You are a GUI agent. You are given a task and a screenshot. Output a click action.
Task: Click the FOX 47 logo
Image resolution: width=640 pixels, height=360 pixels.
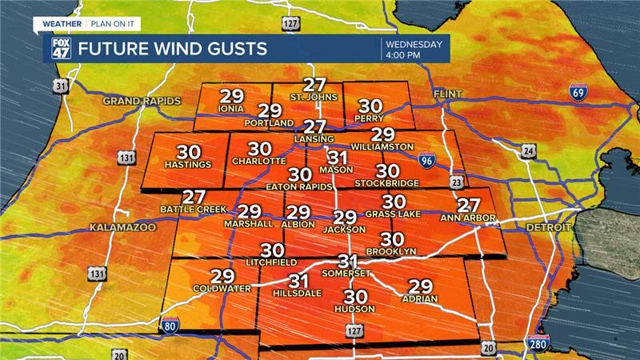pos(62,48)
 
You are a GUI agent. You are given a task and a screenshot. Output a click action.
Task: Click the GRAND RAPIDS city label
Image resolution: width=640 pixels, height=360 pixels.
pos(142,101)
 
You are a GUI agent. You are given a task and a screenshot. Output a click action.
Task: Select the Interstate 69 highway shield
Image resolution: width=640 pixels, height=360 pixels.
pos(576,91)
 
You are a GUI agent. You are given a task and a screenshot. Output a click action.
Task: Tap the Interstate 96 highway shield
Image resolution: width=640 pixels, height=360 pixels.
pos(430,162)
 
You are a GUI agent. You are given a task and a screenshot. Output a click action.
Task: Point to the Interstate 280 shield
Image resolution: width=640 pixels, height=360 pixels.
pos(538,344)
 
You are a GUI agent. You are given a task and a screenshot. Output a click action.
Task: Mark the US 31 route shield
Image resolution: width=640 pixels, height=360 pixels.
pos(59,85)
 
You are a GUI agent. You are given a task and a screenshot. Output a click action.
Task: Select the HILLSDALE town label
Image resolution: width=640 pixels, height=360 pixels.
pos(298,293)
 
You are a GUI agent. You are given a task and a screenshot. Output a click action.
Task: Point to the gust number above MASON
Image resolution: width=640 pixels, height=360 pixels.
pos(338,157)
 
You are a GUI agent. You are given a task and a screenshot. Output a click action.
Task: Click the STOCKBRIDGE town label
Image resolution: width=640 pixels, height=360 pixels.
pos(387,183)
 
